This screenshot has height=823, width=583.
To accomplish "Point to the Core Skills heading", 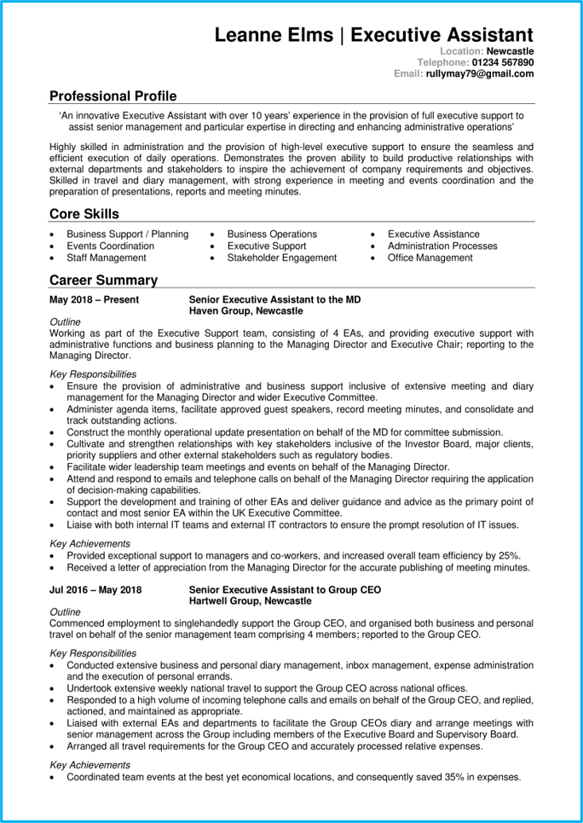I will pos(84,214).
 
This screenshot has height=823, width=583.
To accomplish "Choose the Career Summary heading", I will pos(103,280).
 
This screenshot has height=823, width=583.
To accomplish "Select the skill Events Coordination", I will pos(111,246).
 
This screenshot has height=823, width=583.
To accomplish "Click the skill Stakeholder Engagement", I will pos(282,258).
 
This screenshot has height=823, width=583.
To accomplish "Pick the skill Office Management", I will pos(430,258).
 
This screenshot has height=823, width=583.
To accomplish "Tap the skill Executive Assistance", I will pos(433,235).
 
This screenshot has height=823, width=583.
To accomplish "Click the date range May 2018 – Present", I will pos(95,300).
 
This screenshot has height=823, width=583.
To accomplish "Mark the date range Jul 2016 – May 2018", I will pos(95,590).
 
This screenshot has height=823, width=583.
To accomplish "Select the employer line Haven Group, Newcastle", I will pos(245,311).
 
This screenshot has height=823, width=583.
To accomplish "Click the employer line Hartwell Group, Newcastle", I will pos(250,601).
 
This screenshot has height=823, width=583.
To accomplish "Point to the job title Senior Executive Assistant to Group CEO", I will pos(285,590).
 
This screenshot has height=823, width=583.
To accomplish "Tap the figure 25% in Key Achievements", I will pos(509,555).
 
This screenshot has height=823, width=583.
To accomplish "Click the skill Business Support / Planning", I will pos(128,235).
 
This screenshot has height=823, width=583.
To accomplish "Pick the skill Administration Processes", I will pos(442,246).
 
